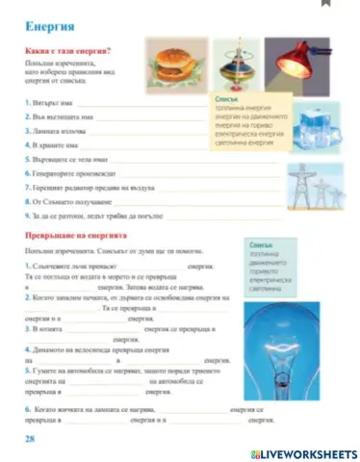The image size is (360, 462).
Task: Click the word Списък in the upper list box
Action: click(228, 99)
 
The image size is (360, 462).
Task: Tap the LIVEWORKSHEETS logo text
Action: click(308, 451)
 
